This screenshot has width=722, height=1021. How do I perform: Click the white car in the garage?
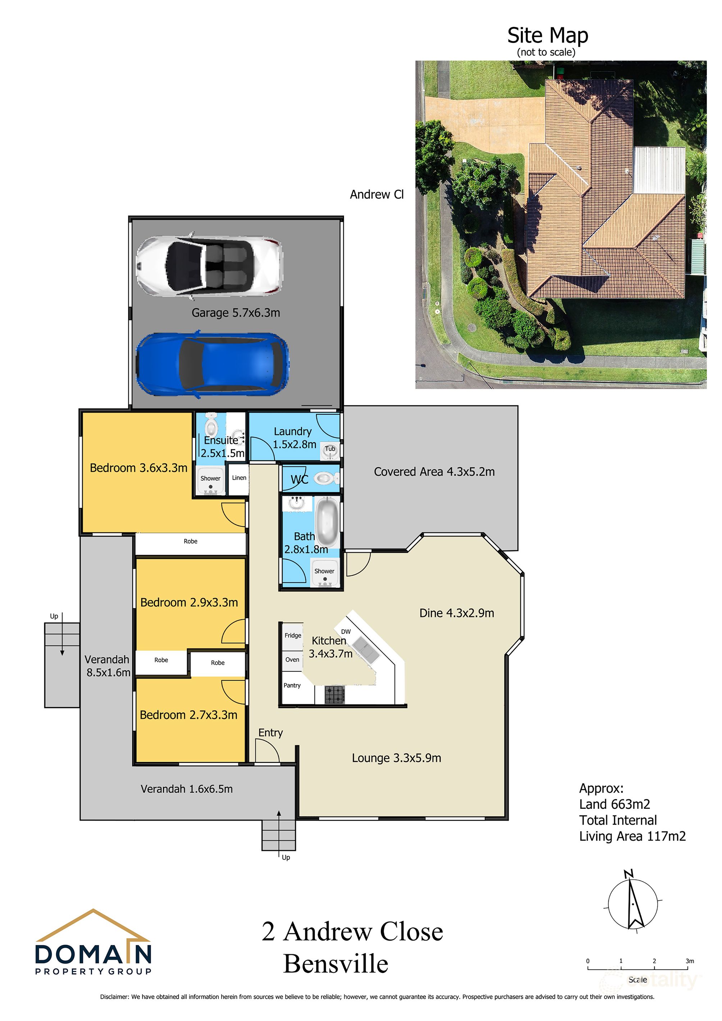click(209, 266)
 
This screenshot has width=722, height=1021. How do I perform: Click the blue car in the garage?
click(212, 363)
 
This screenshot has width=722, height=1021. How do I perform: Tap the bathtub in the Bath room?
click(327, 521)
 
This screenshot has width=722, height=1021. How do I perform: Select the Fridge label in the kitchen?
click(293, 635)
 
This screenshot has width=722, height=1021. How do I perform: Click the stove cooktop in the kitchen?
click(334, 694)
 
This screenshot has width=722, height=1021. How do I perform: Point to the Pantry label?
click(292, 685)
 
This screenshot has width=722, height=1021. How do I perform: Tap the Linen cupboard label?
click(239, 478)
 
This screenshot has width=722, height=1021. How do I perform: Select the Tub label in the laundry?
click(330, 449)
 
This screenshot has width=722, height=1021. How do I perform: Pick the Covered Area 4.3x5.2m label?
click(434, 472)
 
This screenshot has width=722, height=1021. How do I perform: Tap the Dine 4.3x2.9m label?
click(457, 613)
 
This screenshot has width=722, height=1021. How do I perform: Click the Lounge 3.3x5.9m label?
click(396, 758)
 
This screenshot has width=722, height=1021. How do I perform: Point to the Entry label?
click(270, 733)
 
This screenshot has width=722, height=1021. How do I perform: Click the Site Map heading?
click(547, 36)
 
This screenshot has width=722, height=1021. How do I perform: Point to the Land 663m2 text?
click(614, 804)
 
